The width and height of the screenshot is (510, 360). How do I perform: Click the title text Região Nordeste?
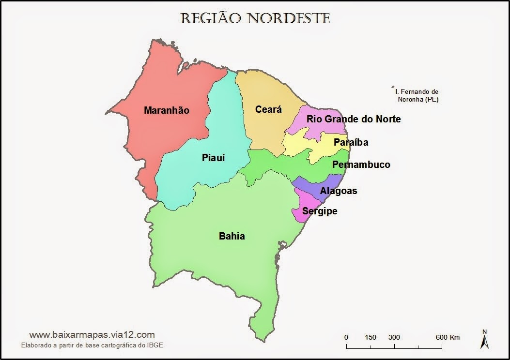click(255, 18)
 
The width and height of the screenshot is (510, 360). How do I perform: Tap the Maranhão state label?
click(167, 110)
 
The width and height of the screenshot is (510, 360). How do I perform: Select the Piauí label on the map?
click(213, 158)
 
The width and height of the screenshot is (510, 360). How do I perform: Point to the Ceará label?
click(268, 110)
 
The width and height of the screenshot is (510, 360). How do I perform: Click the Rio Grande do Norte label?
click(354, 119)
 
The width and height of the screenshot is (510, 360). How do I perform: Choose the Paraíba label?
click(351, 142)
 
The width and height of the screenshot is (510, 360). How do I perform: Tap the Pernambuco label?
click(361, 165)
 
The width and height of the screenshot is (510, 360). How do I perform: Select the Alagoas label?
click(339, 191)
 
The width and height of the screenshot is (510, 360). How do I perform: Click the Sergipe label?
click(320, 211)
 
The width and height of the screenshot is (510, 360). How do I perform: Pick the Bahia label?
click(232, 236)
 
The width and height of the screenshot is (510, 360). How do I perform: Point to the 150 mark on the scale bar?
click(371, 337)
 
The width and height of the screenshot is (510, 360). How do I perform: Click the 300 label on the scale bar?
click(394, 337)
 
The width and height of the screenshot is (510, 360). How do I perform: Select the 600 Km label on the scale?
click(448, 337)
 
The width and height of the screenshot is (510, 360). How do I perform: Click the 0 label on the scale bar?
click(346, 337)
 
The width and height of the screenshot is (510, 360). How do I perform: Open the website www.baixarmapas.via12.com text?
click(92, 334)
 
